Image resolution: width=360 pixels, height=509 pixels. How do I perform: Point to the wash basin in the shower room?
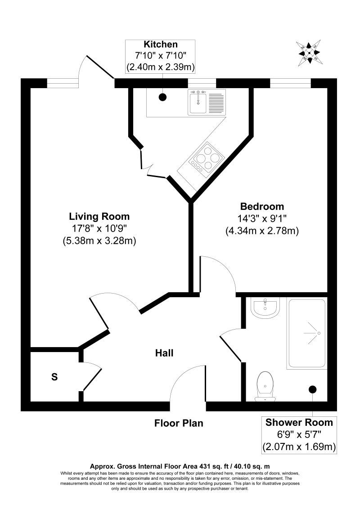point(265,309)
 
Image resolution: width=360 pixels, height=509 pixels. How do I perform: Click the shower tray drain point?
point(318,333)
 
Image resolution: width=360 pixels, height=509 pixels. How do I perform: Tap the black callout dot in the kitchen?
point(162,97)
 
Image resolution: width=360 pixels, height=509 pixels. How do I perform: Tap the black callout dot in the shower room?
point(312,389)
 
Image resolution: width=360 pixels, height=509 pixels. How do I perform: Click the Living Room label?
point(99,216)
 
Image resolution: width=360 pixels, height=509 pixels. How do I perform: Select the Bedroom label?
point(262,207)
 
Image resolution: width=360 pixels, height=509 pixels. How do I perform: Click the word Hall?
point(164,353)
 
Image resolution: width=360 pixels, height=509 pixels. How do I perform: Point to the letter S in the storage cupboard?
point(54,377)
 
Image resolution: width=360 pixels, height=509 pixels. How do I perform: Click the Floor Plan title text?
point(179,423)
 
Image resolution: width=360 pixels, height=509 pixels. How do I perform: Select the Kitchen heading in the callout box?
point(161,45)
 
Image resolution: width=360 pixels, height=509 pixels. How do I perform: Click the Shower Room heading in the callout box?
point(299,422)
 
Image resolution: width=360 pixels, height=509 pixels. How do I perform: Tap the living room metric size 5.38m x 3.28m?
point(99,241)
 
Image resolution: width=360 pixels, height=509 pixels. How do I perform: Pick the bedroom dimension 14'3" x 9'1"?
point(262,219)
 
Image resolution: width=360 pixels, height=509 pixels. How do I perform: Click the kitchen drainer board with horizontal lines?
point(216,103)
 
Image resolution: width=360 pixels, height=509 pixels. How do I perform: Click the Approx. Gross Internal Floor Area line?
point(180,466)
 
